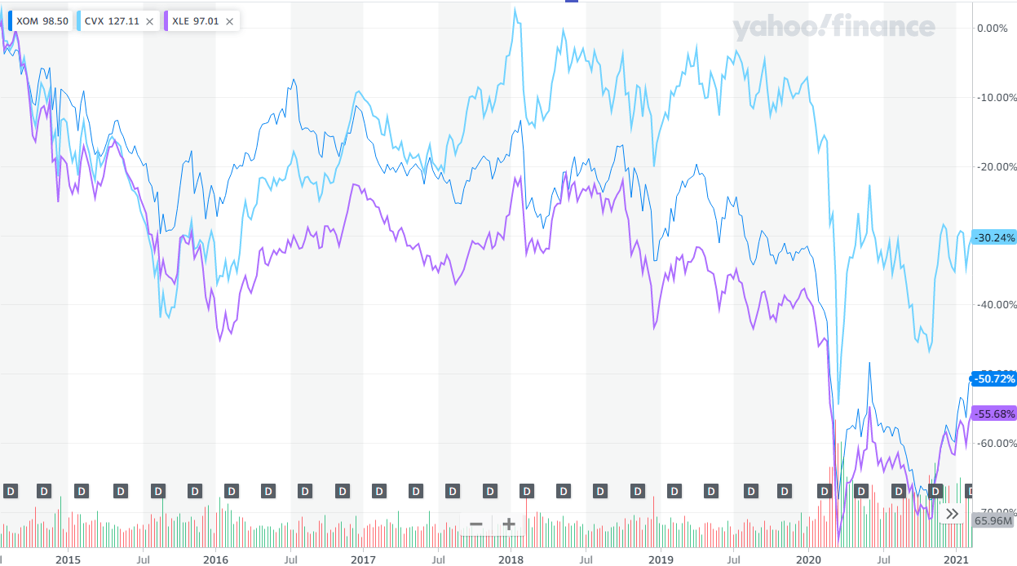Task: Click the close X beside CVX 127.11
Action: click(x=149, y=22)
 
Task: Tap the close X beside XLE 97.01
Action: click(x=229, y=22)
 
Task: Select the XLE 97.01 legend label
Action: click(x=196, y=22)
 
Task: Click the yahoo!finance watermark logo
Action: click(x=833, y=28)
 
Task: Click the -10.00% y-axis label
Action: click(x=995, y=97)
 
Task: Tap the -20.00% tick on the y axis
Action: click(x=995, y=166)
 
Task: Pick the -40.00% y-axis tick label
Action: click(x=995, y=304)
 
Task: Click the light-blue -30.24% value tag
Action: click(x=994, y=238)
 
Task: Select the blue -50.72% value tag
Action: click(x=994, y=379)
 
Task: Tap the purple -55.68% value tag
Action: click(x=994, y=413)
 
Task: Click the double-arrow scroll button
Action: click(x=952, y=514)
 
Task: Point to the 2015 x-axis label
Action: click(x=68, y=559)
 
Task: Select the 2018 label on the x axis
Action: click(x=511, y=559)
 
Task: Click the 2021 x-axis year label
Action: click(x=955, y=559)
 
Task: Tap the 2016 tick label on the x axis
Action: click(x=215, y=559)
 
